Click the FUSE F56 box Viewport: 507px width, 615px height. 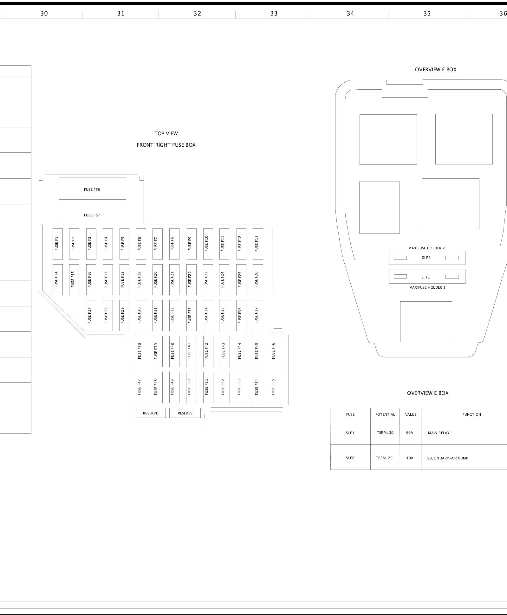pyautogui.click(x=92, y=189)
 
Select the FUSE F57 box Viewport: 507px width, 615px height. pyautogui.click(x=92, y=214)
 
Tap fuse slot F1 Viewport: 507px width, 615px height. pyautogui.click(x=57, y=244)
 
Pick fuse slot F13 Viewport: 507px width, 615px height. pyautogui.click(x=258, y=244)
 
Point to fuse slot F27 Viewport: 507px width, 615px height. pyautogui.click(x=91, y=315)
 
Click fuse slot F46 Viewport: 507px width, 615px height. pyautogui.click(x=275, y=351)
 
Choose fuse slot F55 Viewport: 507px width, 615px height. pyautogui.click(x=275, y=387)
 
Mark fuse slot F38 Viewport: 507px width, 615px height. pyautogui.click(x=141, y=351)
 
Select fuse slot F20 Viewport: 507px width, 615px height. pyautogui.click(x=157, y=279)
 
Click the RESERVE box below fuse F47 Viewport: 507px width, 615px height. pyautogui.click(x=150, y=413)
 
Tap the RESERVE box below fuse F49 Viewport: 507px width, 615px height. pyautogui.click(x=185, y=413)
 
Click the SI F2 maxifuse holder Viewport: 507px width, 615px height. pyautogui.click(x=427, y=258)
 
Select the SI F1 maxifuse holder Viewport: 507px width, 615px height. pyautogui.click(x=427, y=277)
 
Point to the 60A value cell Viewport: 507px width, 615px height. pyautogui.click(x=410, y=432)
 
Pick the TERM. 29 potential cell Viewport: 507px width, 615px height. pyautogui.click(x=385, y=458)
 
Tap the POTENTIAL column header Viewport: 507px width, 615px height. pyautogui.click(x=385, y=414)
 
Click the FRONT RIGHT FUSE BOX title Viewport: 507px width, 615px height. pyautogui.click(x=166, y=145)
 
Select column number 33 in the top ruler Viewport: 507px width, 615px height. pyautogui.click(x=274, y=14)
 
